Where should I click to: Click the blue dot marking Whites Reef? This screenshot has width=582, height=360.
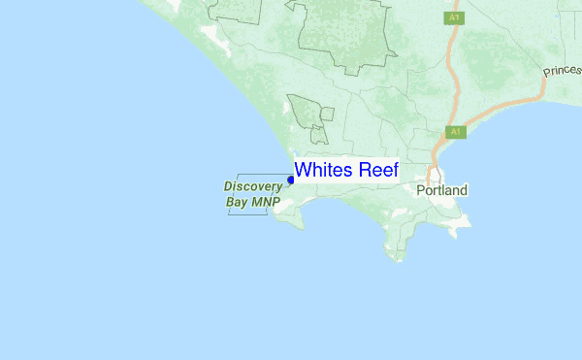(291, 180)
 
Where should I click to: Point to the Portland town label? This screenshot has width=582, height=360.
(441, 191)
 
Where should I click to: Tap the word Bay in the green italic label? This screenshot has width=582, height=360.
(237, 203)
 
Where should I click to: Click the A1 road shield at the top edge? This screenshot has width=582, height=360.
(453, 17)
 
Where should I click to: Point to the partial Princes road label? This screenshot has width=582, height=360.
(562, 71)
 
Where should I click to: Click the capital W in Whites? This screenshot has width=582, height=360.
(303, 170)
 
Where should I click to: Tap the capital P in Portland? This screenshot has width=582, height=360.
(421, 191)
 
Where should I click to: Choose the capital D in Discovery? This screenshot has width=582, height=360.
(229, 185)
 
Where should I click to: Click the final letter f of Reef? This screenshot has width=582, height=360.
(394, 170)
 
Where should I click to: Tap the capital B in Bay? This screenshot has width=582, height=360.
(230, 203)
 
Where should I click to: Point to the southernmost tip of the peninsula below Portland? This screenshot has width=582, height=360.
(399, 260)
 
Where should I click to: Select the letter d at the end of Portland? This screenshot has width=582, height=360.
(464, 191)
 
